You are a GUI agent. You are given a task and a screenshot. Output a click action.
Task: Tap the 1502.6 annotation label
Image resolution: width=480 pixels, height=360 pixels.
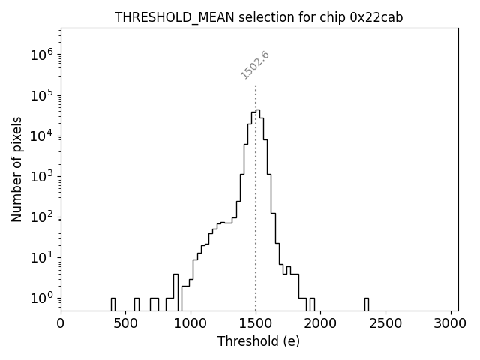(x=255, y=65)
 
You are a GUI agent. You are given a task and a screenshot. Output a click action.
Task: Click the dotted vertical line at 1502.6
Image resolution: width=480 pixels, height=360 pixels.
(x=256, y=187)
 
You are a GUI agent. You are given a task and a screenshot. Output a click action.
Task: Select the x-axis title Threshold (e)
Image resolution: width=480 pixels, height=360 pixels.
(x=259, y=341)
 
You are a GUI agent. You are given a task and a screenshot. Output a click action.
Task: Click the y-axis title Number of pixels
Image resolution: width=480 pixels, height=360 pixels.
(x=16, y=169)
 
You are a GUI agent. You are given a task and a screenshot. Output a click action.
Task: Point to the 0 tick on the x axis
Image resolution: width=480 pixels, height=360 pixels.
(x=61, y=323)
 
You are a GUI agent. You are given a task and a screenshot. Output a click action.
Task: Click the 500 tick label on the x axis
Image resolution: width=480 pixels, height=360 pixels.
(x=126, y=323)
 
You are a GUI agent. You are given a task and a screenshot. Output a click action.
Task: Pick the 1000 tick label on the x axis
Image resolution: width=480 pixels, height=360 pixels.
(x=190, y=323)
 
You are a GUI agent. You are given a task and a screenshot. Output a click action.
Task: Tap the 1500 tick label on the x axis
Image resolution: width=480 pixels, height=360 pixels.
(x=256, y=323)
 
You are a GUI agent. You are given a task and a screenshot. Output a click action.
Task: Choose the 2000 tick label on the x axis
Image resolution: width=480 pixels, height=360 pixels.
(x=321, y=323)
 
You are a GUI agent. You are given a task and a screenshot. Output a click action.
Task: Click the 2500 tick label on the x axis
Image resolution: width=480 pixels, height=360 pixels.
(x=385, y=323)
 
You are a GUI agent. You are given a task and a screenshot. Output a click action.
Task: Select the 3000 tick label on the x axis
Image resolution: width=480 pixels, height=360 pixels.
(x=451, y=323)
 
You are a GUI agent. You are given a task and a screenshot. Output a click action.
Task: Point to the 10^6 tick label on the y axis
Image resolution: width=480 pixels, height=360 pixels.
(x=40, y=55)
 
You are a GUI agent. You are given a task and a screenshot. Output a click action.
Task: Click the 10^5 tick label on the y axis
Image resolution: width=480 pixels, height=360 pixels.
(x=40, y=95)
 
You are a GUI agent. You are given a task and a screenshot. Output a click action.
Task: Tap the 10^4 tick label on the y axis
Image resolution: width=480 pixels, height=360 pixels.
(x=40, y=136)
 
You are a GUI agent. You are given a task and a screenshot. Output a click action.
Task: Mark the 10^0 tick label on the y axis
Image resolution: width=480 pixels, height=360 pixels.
(x=40, y=298)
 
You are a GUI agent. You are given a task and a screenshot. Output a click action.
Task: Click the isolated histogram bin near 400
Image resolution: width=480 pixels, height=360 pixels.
(x=113, y=304)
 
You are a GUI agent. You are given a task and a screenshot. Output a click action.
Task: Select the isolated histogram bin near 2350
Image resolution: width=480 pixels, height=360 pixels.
(x=367, y=304)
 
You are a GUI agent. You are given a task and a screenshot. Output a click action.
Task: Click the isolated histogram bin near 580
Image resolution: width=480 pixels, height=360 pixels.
(x=136, y=304)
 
